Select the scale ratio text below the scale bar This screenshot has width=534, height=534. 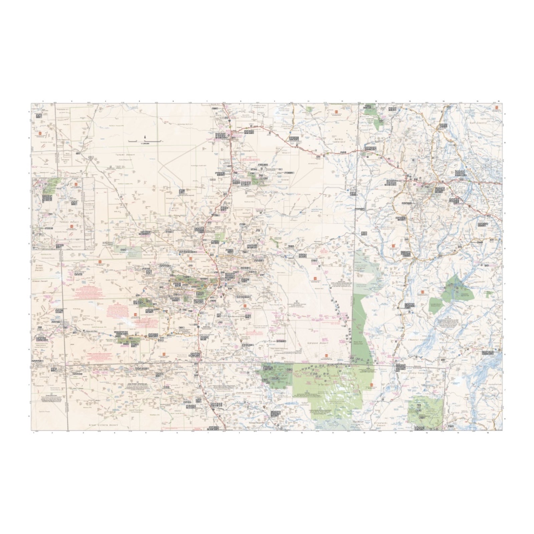point(145,144)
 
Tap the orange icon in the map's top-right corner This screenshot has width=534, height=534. point(497,107)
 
